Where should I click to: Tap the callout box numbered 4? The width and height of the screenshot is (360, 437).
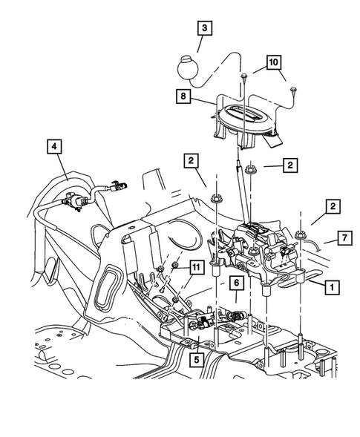point(56,147)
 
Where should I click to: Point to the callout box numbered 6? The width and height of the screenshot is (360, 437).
point(235,283)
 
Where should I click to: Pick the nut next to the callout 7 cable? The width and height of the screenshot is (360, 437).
point(301,235)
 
